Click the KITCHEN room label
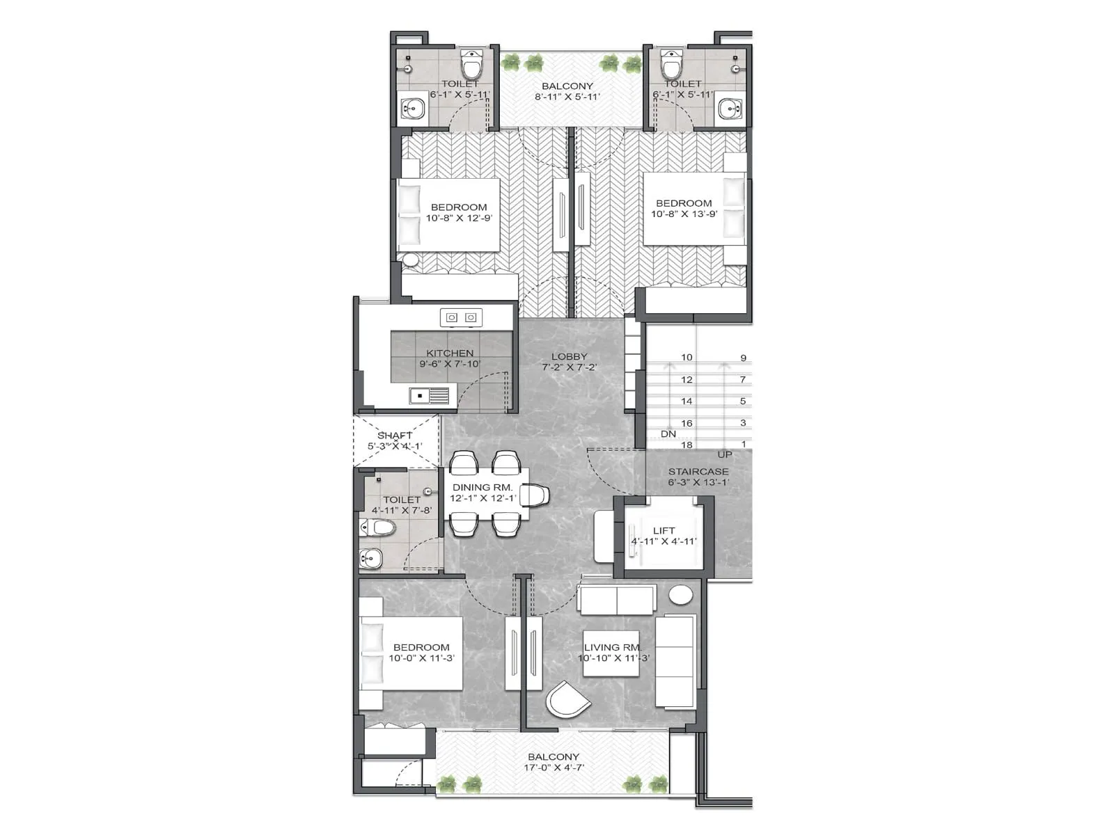coord(450,353)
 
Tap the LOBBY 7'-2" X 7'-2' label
coord(569,362)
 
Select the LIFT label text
coord(664,530)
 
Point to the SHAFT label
coord(395,436)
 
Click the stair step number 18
coord(687,445)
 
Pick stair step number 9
coord(743,358)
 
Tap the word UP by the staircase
coord(725,455)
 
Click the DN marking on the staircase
coord(668,434)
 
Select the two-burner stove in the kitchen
coord(461,317)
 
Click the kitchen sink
coord(429,396)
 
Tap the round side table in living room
coord(680,596)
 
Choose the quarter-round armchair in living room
coord(565,703)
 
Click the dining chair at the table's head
coord(535,495)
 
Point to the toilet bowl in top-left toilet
coord(473,64)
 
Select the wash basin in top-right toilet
coord(730,108)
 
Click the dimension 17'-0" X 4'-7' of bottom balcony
coord(554,768)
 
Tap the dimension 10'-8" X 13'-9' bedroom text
coord(684,214)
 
